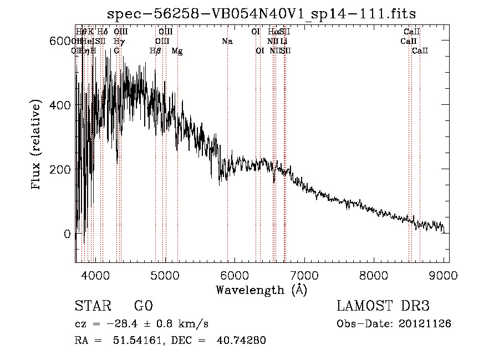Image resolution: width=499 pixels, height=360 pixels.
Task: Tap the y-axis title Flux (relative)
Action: (x=37, y=146)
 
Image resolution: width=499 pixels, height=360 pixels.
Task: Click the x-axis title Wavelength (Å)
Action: (x=261, y=290)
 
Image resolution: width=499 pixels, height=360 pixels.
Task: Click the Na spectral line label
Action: (x=227, y=42)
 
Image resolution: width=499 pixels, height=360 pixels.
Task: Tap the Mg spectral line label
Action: (x=177, y=51)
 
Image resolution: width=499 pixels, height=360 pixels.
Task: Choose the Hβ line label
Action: (x=156, y=51)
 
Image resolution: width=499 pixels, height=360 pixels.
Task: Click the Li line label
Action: (x=284, y=42)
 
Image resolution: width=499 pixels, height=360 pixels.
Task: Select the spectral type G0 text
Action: (x=144, y=306)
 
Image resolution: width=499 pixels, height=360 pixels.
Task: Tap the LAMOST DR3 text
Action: (x=383, y=306)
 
